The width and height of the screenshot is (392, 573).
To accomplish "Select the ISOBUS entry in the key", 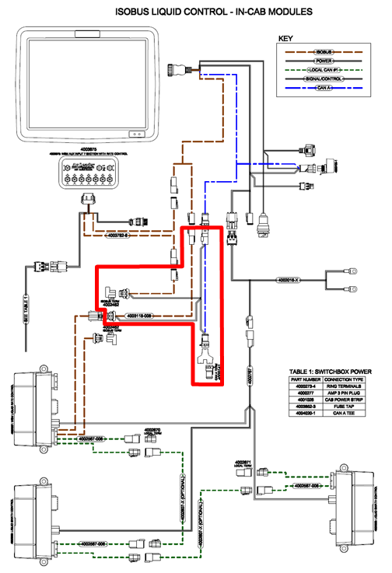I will pyautogui.click(x=326, y=51).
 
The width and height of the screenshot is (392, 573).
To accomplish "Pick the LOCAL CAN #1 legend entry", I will pyautogui.click(x=326, y=69).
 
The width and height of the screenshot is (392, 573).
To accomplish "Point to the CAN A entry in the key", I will pyautogui.click(x=326, y=88).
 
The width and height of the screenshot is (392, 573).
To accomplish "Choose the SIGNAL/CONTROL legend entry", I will pyautogui.click(x=326, y=79).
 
